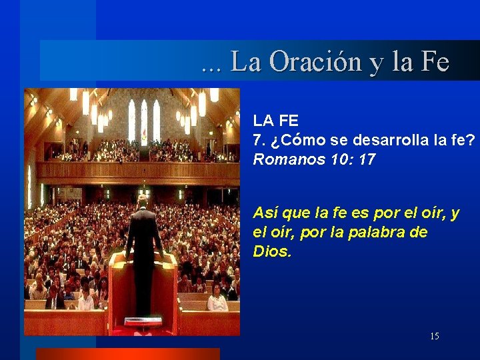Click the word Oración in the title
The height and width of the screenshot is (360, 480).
301,62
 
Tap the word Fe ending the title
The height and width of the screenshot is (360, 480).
435,62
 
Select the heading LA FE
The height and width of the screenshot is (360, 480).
275,121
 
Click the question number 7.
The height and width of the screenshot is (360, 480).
258,141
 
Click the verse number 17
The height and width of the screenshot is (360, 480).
367,160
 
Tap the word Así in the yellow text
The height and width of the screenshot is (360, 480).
266,213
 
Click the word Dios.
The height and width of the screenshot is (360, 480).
272,252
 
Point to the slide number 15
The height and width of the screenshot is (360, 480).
434,336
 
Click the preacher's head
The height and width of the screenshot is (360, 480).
143,201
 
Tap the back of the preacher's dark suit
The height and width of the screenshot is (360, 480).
143,233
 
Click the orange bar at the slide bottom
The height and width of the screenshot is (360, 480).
127,354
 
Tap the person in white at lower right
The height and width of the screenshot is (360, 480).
217,302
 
